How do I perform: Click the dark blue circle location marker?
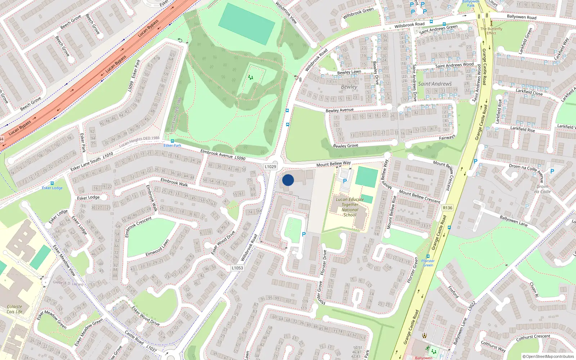(x=288, y=180)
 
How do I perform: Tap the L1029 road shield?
(x=270, y=167)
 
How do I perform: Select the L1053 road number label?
(x=237, y=268)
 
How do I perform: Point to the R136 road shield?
(x=447, y=208)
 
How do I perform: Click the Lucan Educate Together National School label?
(x=350, y=207)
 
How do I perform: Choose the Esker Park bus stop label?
(x=172, y=145)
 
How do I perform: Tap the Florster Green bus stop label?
(x=428, y=263)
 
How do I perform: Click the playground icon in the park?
(x=251, y=77)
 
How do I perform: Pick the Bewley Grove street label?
(x=346, y=146)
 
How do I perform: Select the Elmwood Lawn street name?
(x=157, y=248)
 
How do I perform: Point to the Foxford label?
(x=453, y=292)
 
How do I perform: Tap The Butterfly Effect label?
(x=491, y=31)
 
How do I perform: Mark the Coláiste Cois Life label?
(x=14, y=309)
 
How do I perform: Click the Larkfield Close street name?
(x=529, y=92)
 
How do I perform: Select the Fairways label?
(x=447, y=138)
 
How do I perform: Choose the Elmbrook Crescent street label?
(x=138, y=227)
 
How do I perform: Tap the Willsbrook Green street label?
(x=358, y=13)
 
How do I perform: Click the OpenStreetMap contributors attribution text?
(x=548, y=356)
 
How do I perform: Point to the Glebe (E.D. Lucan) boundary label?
(x=68, y=283)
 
